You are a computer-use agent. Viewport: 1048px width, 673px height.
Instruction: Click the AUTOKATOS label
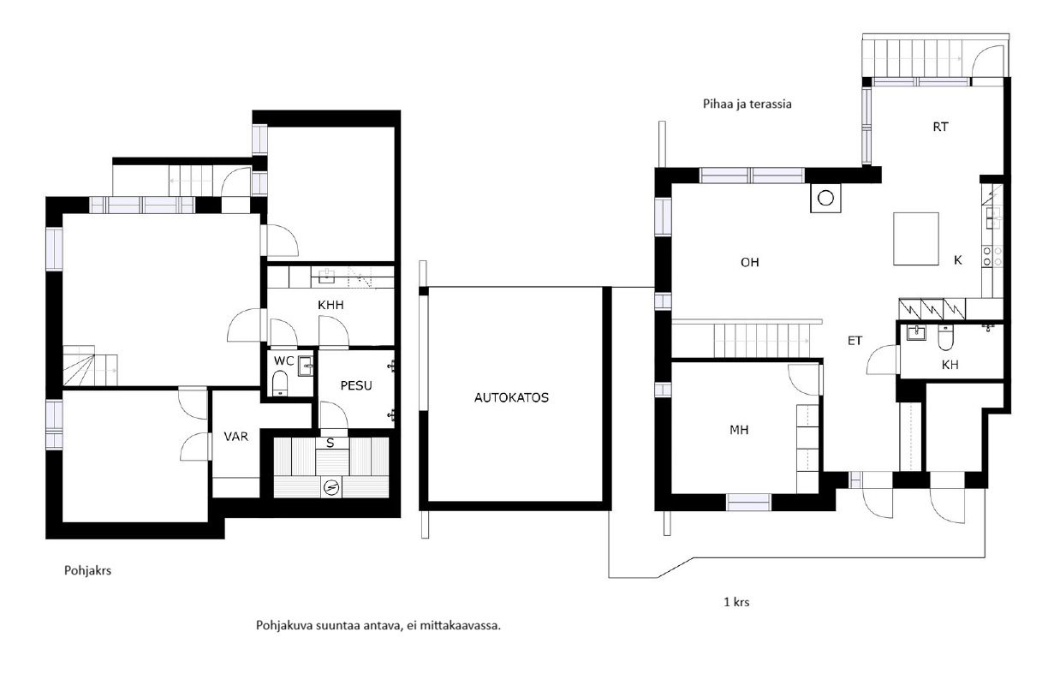click(511, 397)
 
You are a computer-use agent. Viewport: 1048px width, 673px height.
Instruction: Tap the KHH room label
click(330, 305)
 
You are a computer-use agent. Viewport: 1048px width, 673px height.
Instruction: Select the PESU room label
click(356, 385)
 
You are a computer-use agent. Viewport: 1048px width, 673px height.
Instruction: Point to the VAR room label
click(235, 437)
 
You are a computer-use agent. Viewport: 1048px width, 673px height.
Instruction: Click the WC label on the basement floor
click(284, 360)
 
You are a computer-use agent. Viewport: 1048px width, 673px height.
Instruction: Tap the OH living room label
click(749, 263)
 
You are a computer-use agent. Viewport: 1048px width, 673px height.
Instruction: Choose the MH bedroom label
click(739, 430)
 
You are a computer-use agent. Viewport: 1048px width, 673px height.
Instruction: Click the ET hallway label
click(854, 341)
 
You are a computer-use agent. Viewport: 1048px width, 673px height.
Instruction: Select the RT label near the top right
click(940, 127)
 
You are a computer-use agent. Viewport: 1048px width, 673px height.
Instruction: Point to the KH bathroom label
click(950, 365)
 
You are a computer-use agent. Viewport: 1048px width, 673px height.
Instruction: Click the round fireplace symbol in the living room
click(825, 198)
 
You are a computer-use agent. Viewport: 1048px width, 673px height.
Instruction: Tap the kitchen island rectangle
click(916, 239)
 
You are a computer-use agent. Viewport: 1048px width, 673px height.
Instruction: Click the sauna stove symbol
click(331, 487)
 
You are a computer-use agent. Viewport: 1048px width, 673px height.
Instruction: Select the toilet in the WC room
click(280, 384)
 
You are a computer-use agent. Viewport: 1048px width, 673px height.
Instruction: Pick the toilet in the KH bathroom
click(945, 338)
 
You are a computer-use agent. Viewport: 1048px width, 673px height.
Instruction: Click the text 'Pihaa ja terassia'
click(747, 104)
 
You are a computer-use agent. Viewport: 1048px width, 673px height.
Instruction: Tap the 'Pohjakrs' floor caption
click(87, 570)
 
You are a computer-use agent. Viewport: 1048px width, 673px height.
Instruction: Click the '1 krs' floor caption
click(736, 602)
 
